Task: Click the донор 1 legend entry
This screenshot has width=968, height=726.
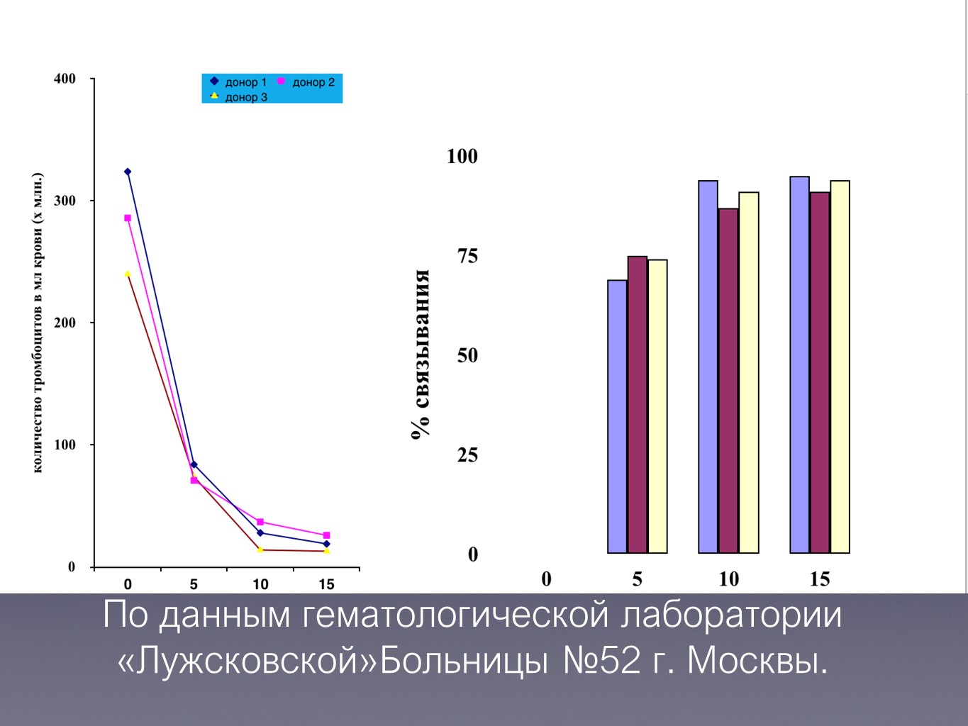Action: (238, 82)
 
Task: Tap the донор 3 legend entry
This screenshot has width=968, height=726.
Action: (238, 97)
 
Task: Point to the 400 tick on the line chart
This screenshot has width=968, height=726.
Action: (65, 79)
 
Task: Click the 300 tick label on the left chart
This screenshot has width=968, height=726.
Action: (65, 201)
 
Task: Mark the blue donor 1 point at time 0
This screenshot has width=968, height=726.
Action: (128, 172)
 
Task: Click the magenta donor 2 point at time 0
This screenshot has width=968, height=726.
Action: (128, 218)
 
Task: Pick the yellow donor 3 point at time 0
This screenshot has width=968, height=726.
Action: (128, 274)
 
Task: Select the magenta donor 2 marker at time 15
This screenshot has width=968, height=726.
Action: (326, 535)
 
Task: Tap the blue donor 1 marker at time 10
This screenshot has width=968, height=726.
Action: (260, 532)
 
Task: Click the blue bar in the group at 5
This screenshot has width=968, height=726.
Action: (617, 416)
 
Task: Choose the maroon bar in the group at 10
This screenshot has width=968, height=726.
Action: (728, 381)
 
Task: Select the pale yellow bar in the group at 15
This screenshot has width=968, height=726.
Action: (840, 367)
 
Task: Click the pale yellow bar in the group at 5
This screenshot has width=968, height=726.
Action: (657, 406)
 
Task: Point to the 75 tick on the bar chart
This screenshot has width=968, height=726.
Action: (467, 256)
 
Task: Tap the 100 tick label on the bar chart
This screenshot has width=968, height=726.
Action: (462, 156)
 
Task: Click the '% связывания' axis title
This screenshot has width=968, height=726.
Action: (421, 354)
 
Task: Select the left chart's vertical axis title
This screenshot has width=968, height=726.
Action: (38, 323)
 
